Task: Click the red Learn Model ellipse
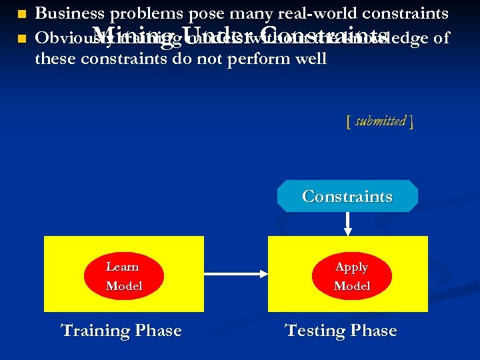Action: coord(123,276)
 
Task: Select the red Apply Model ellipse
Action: coord(351,276)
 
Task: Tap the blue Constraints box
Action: coord(347,196)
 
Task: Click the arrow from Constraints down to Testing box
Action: coord(347,224)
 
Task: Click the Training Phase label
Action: coord(121,331)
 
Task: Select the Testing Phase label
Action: coord(341,331)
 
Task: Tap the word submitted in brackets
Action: coord(381,121)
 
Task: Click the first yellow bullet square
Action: coord(21,14)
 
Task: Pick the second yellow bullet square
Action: coord(21,39)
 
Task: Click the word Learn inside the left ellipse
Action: coord(123,267)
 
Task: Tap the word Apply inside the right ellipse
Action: coord(351,267)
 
